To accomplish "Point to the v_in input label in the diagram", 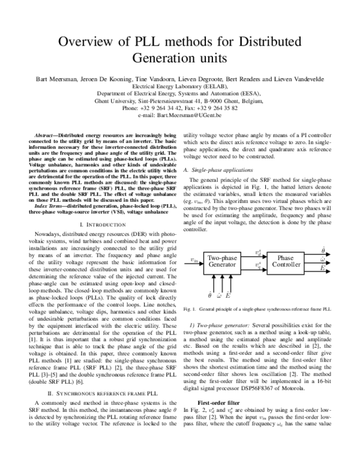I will (194, 260).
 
